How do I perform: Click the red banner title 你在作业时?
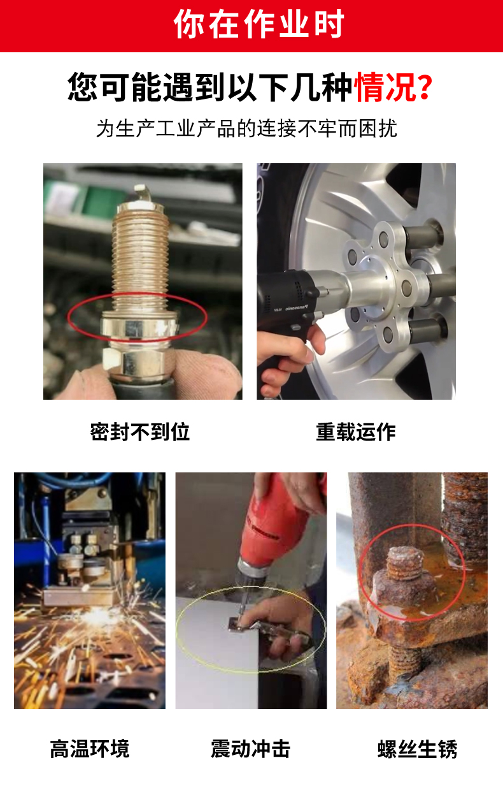click(259, 24)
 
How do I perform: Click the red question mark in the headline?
click(425, 86)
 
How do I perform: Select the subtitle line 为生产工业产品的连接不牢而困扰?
click(246, 128)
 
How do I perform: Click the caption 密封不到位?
click(140, 432)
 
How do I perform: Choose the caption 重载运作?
click(356, 432)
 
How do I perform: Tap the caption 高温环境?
click(90, 748)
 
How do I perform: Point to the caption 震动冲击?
click(250, 748)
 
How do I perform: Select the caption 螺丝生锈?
click(418, 748)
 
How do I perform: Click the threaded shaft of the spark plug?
click(140, 257)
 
